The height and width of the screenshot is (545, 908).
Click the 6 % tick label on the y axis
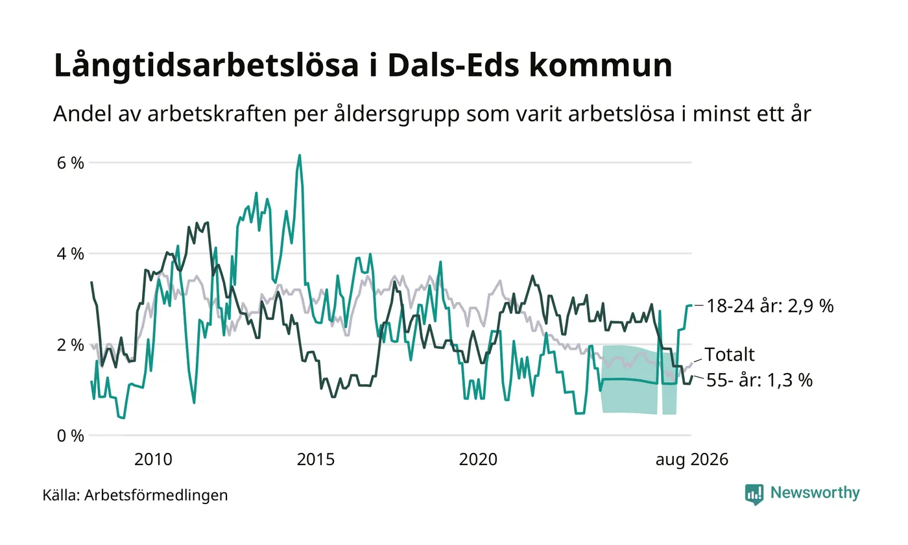(71, 163)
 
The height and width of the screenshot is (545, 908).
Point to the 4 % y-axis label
(71, 254)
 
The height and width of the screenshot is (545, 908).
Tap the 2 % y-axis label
(71, 345)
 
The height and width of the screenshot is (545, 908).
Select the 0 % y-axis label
(71, 436)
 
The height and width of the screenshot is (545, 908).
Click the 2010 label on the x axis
(153, 459)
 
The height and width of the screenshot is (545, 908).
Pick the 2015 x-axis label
(316, 459)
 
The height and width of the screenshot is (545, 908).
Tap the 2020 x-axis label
(479, 459)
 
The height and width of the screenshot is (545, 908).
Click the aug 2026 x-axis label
(692, 460)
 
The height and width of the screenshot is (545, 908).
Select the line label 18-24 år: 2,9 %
(771, 306)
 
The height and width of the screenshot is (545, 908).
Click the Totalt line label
(730, 354)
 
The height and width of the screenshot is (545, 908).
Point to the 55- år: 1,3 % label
(759, 380)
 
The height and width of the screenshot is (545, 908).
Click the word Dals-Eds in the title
(453, 65)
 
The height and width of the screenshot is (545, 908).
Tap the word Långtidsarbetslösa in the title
(206, 66)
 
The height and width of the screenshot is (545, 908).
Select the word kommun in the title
(601, 65)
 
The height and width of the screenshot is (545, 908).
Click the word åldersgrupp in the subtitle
(397, 114)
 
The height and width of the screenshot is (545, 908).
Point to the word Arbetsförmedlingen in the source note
(156, 496)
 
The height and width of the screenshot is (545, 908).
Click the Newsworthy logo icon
(754, 494)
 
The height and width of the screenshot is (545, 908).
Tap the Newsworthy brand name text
(815, 492)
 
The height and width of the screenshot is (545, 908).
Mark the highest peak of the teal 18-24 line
(300, 155)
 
